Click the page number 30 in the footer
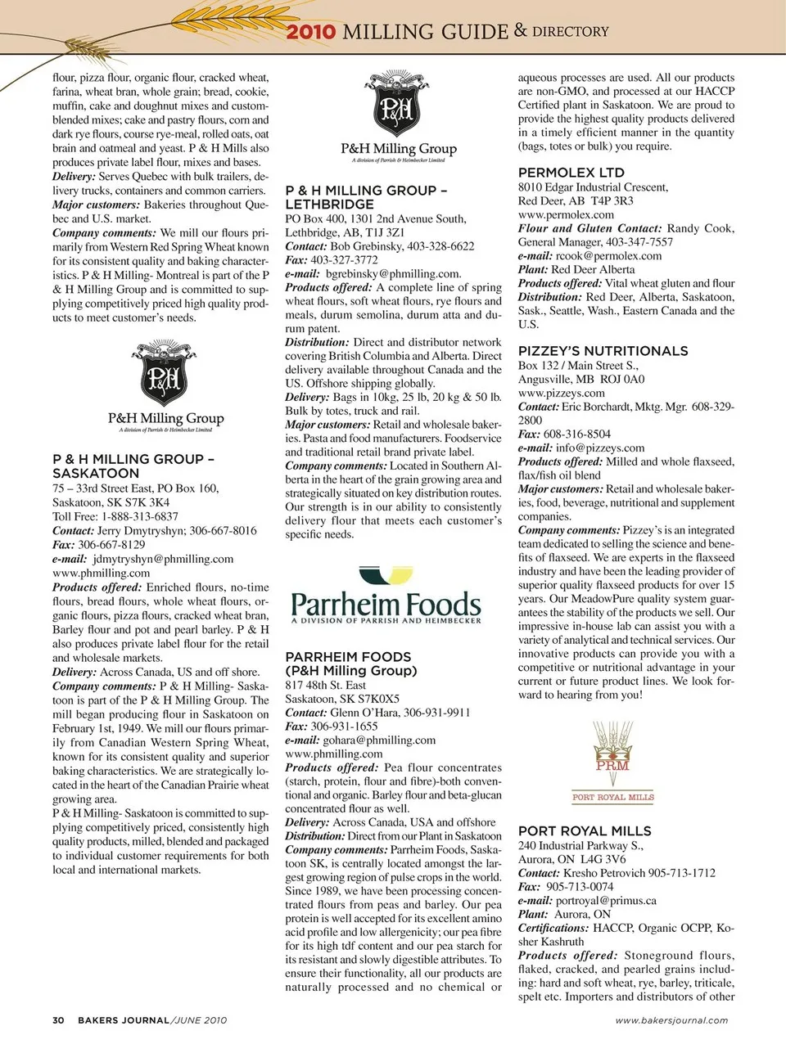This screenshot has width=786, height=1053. coord(58,1020)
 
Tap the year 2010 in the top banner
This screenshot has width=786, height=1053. coord(310,32)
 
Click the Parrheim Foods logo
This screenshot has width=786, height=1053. coord(386,596)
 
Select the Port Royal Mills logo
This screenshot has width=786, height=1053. coord(612,761)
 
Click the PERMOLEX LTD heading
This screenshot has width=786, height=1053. coord(571,173)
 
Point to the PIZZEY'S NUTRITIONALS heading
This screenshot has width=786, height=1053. coord(603,351)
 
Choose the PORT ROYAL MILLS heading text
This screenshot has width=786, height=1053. coord(585,831)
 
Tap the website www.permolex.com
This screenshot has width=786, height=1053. coord(566,214)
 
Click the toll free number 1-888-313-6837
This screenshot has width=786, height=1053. coord(139,516)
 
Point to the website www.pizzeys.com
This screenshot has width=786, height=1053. coord(562,393)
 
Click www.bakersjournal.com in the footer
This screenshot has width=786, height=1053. coord(671,1020)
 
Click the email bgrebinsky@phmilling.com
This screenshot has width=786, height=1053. coord(392,273)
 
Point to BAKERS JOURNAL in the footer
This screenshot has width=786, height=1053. coord(124,1020)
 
